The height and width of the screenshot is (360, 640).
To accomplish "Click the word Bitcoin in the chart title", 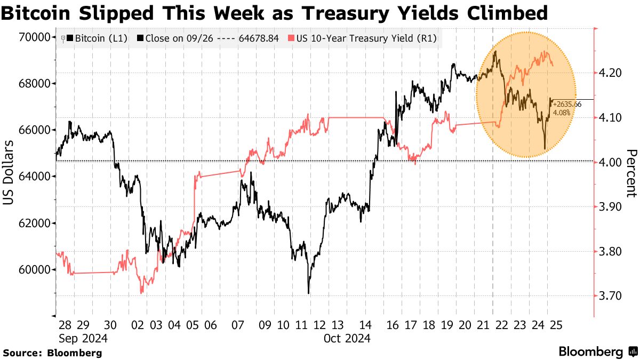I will pyautogui.click(x=38, y=13).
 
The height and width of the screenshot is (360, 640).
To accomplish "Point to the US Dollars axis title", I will pyautogui.click(x=9, y=172).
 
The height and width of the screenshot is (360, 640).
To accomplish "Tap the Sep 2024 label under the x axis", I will pyautogui.click(x=84, y=338).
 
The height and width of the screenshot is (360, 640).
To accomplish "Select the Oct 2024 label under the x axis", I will pyautogui.click(x=347, y=338).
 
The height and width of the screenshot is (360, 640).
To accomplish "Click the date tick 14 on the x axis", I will pyautogui.click(x=365, y=325).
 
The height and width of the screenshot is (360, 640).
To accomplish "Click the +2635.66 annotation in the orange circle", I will pyautogui.click(x=567, y=104).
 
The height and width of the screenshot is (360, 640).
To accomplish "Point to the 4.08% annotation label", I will pyautogui.click(x=562, y=113).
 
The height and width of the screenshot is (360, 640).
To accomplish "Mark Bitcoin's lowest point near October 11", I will pyautogui.click(x=308, y=293).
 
